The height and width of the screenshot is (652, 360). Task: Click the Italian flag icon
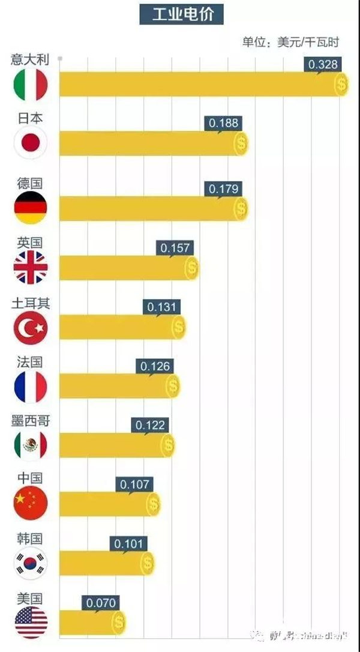point(30,85)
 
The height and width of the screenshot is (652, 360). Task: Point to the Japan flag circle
point(30,143)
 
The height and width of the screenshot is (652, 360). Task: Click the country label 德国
point(30,183)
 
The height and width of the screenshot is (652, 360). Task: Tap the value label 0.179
point(224,189)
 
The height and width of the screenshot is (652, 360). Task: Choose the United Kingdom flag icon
point(30,267)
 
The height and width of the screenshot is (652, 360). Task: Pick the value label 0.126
point(155,366)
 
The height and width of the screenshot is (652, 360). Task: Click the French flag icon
point(30,386)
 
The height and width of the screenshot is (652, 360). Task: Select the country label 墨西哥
point(30,420)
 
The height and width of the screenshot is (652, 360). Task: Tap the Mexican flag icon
point(30,445)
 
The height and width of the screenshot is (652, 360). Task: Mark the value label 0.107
point(136,484)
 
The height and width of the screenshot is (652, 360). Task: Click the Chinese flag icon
point(30,503)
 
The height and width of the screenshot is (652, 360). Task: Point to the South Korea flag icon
point(30,563)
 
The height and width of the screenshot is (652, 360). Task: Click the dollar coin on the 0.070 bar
point(119,622)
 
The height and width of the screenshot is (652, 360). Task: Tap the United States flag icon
point(30,622)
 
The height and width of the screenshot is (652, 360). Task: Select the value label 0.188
point(224,123)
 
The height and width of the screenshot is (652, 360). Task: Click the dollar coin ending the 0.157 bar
point(191,268)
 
